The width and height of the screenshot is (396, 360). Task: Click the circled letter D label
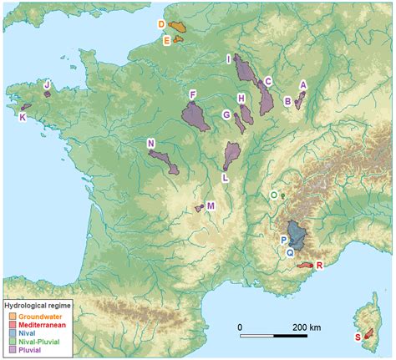(x=162, y=25)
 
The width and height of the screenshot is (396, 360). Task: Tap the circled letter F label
(x=193, y=94)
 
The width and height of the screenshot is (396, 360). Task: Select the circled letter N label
(x=151, y=143)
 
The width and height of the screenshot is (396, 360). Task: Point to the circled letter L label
(x=225, y=177)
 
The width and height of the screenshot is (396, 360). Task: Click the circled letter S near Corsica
(x=358, y=337)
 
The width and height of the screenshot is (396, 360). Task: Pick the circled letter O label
(x=274, y=195)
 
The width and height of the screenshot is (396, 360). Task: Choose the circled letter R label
(x=320, y=266)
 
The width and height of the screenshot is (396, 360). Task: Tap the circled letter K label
(x=22, y=117)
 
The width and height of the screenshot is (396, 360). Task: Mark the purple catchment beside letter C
(x=267, y=99)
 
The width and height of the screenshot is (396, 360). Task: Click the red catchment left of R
(x=306, y=266)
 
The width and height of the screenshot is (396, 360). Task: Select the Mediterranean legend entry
(x=41, y=324)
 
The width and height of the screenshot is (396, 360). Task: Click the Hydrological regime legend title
(x=38, y=307)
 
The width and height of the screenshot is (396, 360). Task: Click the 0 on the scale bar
(x=240, y=326)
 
